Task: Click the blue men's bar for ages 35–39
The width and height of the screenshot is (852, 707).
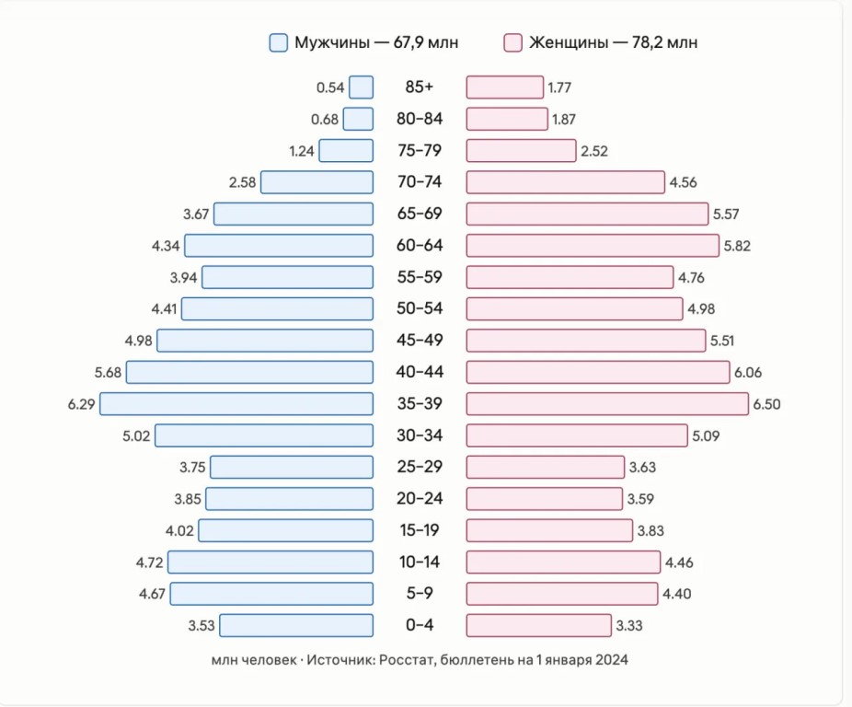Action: (x=236, y=404)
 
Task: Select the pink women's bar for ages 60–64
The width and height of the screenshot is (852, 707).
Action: (x=593, y=246)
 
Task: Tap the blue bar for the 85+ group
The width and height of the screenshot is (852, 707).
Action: (x=362, y=87)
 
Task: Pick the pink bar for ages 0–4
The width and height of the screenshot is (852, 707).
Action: (x=539, y=625)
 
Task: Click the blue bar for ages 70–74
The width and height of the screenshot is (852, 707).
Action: (x=317, y=182)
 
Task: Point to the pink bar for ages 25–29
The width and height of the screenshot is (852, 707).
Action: (x=546, y=467)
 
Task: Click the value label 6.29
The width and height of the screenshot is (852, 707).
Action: (x=82, y=405)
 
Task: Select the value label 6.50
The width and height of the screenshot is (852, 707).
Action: (x=766, y=405)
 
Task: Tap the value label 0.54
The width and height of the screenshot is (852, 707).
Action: (x=330, y=87)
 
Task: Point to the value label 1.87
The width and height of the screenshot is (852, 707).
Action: (x=564, y=119)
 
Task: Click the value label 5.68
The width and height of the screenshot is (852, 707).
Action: (x=109, y=373)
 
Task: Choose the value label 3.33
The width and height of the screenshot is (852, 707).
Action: (x=629, y=626)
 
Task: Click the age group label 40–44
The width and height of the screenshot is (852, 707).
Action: (x=420, y=372)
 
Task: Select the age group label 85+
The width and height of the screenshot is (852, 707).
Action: (x=420, y=87)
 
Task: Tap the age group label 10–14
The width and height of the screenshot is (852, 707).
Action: (x=420, y=562)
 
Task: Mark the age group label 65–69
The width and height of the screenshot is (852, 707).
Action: (x=420, y=214)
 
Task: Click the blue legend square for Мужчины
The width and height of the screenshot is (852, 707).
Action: (x=279, y=43)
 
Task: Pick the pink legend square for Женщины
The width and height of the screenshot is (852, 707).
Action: (x=512, y=43)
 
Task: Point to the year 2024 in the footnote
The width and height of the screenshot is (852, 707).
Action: (x=612, y=660)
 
